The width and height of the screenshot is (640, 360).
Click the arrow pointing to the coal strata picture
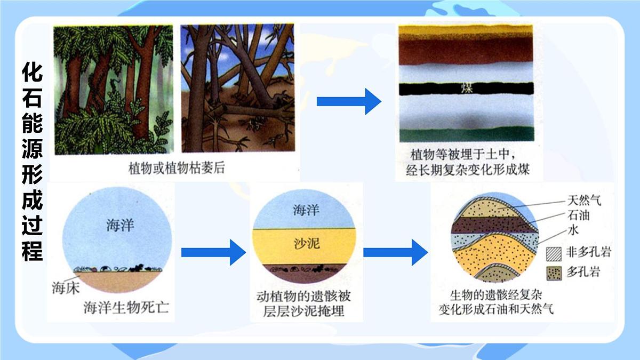(349, 101)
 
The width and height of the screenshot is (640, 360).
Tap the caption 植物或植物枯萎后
(177, 168)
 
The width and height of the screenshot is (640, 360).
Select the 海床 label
(66, 289)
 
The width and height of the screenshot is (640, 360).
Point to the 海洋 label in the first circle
(120, 226)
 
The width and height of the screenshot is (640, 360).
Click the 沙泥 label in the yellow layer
(307, 244)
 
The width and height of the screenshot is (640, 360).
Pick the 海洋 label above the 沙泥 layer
(307, 210)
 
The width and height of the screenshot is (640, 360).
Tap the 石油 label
(579, 216)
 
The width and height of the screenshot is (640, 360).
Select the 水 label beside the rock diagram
(573, 230)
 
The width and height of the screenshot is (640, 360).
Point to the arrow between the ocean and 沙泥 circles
(213, 252)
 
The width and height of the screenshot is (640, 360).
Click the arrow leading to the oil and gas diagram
(395, 252)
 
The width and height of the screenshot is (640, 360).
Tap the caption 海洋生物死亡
(126, 308)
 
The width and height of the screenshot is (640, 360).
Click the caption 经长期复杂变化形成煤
(467, 171)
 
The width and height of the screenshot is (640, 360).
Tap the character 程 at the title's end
(32, 251)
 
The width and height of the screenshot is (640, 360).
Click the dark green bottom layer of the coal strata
(467, 134)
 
